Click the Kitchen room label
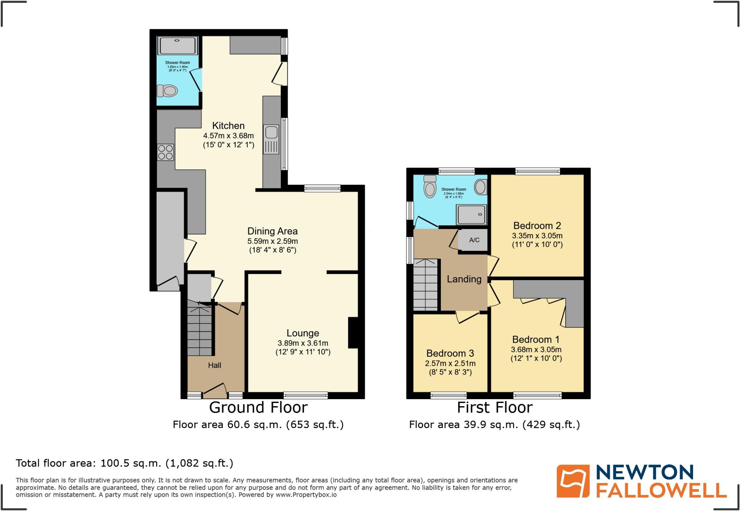click(x=228, y=126)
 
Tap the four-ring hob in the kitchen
click(x=165, y=152)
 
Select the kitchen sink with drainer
click(x=271, y=139)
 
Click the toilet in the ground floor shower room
click(x=167, y=90)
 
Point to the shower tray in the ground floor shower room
click(x=178, y=46)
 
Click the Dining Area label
click(x=272, y=231)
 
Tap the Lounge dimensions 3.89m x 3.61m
click(x=303, y=343)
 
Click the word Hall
click(x=214, y=365)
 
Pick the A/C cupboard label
click(x=474, y=240)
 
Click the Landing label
click(x=464, y=279)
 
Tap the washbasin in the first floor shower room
click(x=480, y=187)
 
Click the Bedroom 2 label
click(x=537, y=225)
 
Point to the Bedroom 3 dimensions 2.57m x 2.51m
click(x=450, y=363)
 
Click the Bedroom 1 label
click(x=536, y=339)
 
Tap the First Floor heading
click(x=495, y=407)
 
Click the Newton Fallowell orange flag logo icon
click(x=573, y=481)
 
